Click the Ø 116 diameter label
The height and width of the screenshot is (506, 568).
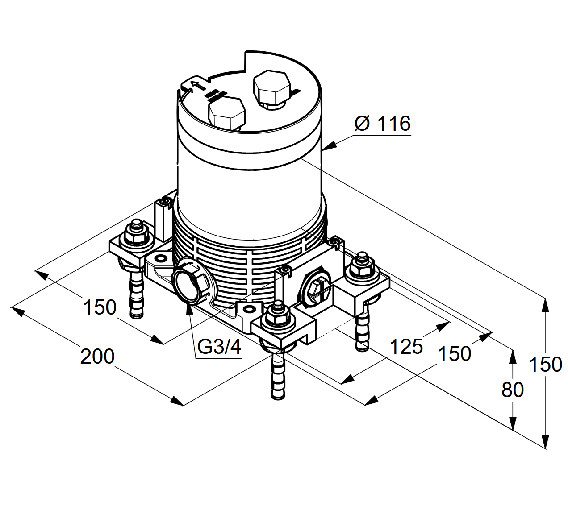383,123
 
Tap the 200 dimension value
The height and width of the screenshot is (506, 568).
97,357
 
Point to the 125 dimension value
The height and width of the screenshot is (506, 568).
406,346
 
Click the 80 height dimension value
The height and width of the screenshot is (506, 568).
512,390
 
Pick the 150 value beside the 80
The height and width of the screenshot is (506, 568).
545,365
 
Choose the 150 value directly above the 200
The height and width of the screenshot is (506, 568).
100,307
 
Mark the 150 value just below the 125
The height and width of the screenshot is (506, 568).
455,354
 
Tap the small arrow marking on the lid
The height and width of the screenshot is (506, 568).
193,85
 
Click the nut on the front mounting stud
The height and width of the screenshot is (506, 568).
278,316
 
